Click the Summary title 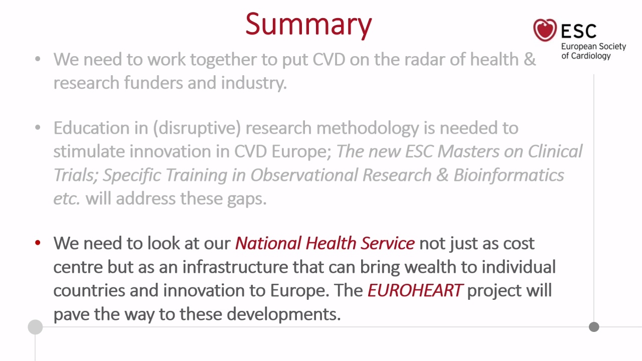coord(308,25)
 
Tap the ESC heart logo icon coord(545,30)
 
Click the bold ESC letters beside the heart coord(579,31)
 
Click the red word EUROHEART coord(415,290)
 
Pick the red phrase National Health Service coord(325,243)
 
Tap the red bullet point coord(38,243)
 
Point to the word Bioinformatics coord(509,175)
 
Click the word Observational coord(304,175)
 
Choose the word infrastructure coord(235,267)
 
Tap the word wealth coord(430,267)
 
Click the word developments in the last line coord(284,314)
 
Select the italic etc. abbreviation coord(67,199)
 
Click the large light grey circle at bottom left coord(35,327)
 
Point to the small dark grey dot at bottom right coord(594,327)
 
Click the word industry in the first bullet coord(254,83)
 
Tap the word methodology coord(368,128)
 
